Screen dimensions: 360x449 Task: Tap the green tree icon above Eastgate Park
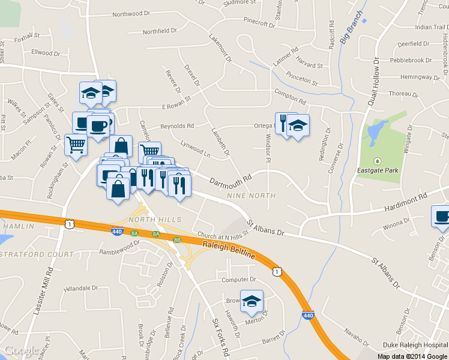(x=378, y=161)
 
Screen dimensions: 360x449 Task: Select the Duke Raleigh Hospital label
(x=415, y=346)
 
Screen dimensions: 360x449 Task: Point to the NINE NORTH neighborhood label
(x=252, y=196)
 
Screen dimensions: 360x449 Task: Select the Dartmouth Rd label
(x=229, y=179)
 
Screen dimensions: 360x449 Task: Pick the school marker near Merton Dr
(x=252, y=301)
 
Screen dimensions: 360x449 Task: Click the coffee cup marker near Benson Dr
(x=442, y=217)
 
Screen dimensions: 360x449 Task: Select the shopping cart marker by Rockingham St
(x=76, y=144)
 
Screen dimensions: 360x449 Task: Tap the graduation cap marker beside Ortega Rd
(x=298, y=125)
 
